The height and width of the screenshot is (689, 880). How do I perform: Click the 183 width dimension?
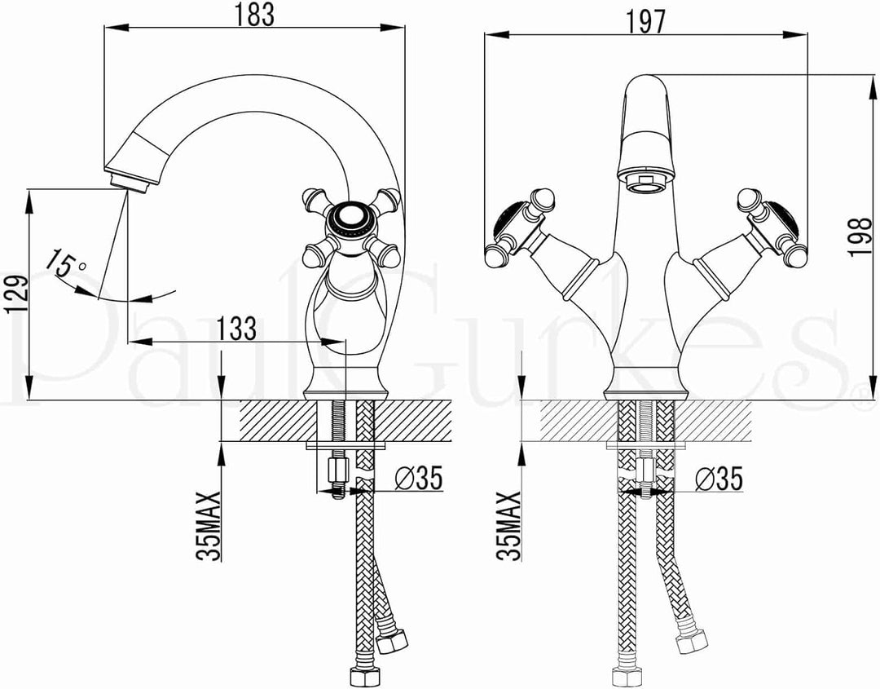pos(254,15)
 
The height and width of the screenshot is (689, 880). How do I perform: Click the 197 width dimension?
pos(645,21)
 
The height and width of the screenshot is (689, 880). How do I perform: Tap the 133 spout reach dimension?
pos(236,329)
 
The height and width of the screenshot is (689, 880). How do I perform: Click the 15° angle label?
pos(66,263)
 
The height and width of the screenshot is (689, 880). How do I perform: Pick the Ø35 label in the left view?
pos(419,478)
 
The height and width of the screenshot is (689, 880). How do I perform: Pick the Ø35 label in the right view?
pos(719,478)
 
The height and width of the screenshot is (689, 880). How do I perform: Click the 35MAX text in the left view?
pos(209,526)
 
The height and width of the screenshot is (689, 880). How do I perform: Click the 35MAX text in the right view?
pos(508,526)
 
